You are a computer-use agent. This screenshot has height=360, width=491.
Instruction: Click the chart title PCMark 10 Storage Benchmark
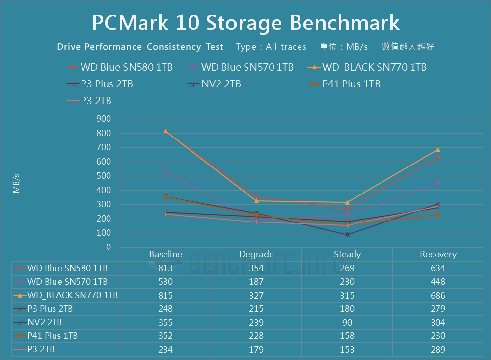(x=245, y=23)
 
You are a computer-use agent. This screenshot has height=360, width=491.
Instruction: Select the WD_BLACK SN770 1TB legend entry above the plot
(x=374, y=67)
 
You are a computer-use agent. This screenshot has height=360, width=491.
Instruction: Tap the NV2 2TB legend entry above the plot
(x=221, y=84)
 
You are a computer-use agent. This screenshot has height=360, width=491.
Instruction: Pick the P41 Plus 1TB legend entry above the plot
(x=351, y=84)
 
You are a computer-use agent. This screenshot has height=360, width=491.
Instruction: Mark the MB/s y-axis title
(x=17, y=182)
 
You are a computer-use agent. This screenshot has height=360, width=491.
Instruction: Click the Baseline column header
(x=165, y=254)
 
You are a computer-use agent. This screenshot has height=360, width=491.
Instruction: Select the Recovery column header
(x=438, y=254)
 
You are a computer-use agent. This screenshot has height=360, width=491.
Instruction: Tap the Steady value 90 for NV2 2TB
(x=347, y=323)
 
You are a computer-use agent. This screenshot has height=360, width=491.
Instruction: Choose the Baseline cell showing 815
(x=165, y=296)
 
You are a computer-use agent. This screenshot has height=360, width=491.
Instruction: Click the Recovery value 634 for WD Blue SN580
(x=438, y=268)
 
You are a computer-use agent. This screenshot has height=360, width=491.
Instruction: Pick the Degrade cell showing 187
(x=256, y=282)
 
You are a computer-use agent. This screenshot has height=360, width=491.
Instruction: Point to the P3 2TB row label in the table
(x=41, y=350)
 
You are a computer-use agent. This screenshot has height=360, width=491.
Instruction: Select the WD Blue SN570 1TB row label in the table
(x=67, y=282)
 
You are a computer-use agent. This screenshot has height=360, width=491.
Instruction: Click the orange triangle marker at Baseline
(x=165, y=131)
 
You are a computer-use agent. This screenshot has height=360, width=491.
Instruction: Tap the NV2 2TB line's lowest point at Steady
(x=347, y=235)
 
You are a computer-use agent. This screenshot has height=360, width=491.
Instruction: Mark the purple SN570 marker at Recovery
(x=438, y=184)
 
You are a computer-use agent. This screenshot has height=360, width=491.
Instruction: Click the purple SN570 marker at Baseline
(x=165, y=171)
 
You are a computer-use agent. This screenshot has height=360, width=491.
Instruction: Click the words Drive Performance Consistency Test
(x=140, y=47)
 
